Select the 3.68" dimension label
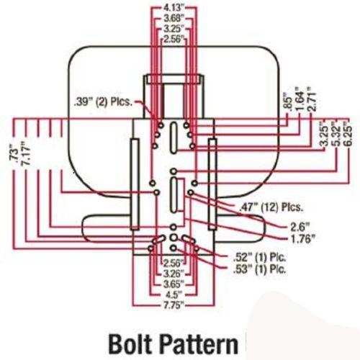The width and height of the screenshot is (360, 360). (x=174, y=19)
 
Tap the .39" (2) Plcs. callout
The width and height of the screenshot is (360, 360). (x=103, y=102)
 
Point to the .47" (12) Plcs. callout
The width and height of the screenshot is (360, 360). (x=271, y=207)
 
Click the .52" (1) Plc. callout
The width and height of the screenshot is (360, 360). (x=260, y=257)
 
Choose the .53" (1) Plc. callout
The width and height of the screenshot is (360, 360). (x=260, y=269)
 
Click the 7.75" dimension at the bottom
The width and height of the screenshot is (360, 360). (x=174, y=305)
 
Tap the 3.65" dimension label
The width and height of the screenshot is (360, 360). (x=174, y=284)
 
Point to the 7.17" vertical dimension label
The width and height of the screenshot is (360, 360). (x=26, y=153)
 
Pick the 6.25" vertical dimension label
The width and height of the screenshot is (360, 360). (x=348, y=134)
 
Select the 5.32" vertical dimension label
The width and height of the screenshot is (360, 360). (x=337, y=134)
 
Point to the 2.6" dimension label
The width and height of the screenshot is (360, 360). (x=300, y=226)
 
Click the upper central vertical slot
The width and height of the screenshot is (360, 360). (x=174, y=138)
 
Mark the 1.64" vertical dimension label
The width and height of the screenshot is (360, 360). (x=300, y=99)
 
